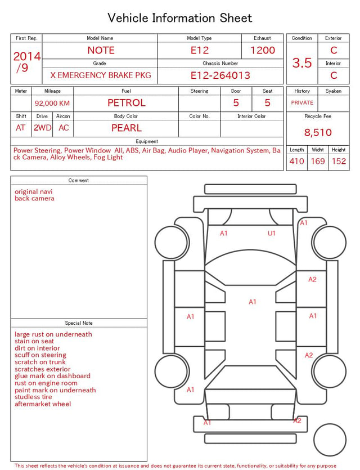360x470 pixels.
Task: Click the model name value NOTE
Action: [101, 50]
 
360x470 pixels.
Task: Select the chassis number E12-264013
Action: [220, 75]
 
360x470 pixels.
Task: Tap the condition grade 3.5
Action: [302, 63]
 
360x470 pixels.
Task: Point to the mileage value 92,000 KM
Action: [52, 104]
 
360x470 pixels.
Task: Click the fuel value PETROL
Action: [127, 103]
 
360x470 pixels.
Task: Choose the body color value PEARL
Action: [127, 128]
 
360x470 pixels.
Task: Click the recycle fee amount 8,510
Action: [318, 132]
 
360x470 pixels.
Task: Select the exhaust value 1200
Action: [263, 50]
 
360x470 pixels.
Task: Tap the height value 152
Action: [339, 161]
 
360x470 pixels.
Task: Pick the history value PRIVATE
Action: [302, 102]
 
